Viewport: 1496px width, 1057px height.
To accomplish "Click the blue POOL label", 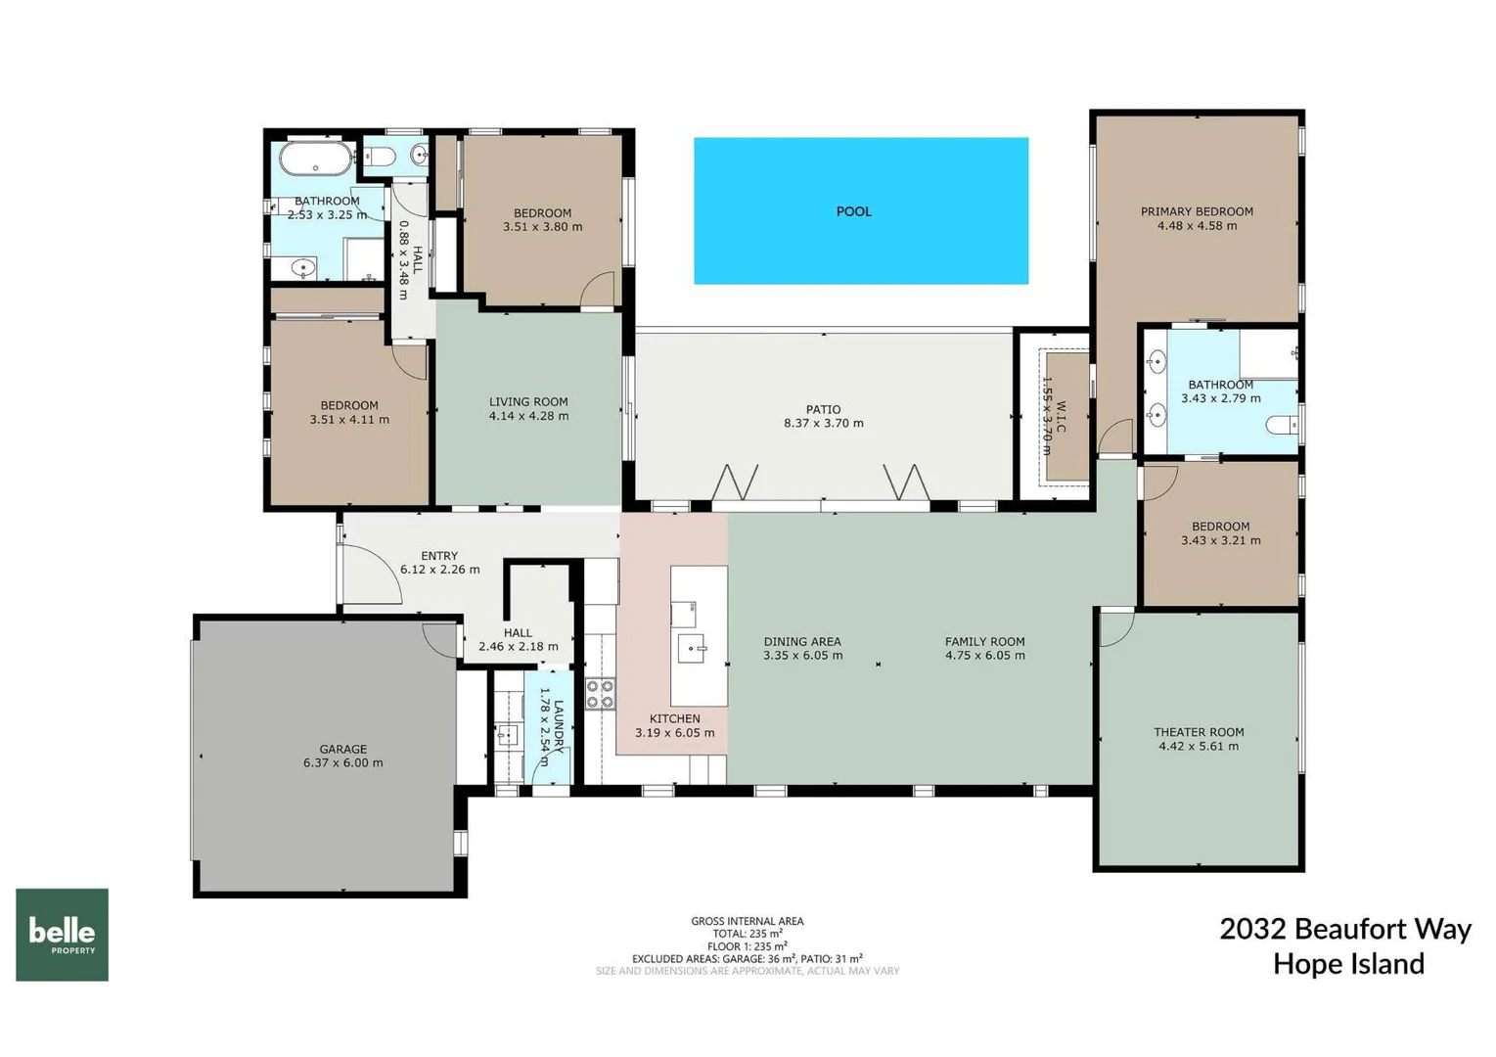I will pyautogui.click(x=853, y=211).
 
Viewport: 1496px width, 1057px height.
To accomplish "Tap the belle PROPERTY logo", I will pyautogui.click(x=62, y=934).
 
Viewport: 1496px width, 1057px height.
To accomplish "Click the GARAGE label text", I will pyautogui.click(x=342, y=749).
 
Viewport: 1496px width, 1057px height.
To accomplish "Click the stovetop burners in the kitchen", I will pyautogui.click(x=600, y=693).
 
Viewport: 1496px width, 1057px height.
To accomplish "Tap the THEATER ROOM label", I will pyautogui.click(x=1198, y=731).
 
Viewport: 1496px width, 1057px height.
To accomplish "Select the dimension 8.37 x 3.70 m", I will pyautogui.click(x=823, y=424).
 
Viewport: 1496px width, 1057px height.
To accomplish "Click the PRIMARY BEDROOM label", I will pyautogui.click(x=1196, y=211).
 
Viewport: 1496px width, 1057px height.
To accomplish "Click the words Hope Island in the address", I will pyautogui.click(x=1347, y=964).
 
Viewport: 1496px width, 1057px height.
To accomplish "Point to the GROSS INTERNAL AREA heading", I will pyautogui.click(x=747, y=921).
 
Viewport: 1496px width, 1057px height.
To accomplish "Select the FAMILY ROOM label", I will pyautogui.click(x=984, y=642).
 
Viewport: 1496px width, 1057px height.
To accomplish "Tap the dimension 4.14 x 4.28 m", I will pyautogui.click(x=528, y=416).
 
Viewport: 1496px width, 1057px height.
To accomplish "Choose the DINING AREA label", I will pyautogui.click(x=801, y=642).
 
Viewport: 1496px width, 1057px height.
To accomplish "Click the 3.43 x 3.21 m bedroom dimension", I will pyautogui.click(x=1220, y=540).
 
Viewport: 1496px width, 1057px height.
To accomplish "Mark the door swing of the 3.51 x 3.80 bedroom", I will pyautogui.click(x=598, y=291).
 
